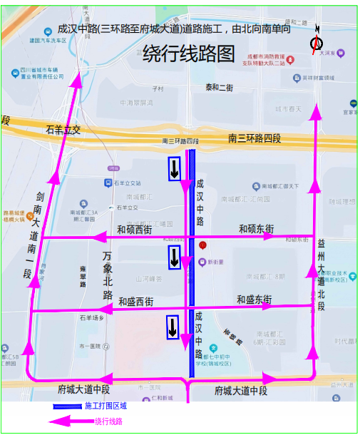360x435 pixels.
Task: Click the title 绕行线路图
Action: [188, 54]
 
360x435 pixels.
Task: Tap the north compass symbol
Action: [316, 43]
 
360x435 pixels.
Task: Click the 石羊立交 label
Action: [63, 130]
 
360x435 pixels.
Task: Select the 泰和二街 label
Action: [219, 88]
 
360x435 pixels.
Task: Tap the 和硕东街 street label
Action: [256, 229]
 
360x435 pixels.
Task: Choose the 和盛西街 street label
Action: [135, 301]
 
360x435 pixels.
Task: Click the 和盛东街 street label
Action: [254, 300]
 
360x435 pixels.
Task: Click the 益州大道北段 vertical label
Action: [322, 275]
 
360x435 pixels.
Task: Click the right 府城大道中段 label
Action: [240, 391]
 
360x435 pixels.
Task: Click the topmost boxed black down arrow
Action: [174, 169]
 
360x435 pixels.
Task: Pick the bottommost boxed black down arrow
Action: [173, 327]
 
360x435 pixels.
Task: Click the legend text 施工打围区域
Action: [106, 406]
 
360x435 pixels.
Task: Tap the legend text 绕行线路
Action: [109, 421]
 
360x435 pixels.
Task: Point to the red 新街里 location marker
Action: [202, 247]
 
